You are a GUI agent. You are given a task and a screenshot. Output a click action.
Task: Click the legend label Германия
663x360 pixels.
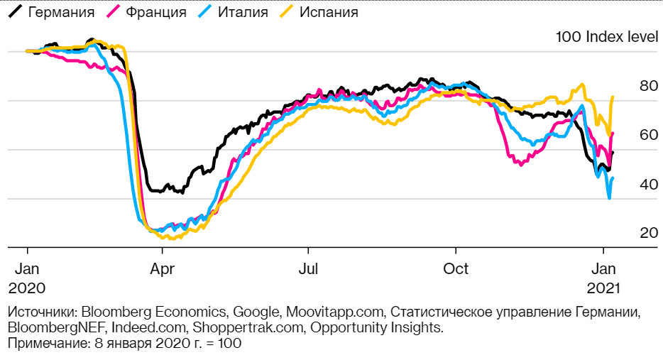(x=60, y=12)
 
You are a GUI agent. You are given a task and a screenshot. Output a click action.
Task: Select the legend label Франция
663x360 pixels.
(x=155, y=12)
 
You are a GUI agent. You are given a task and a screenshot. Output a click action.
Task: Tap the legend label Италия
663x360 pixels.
(x=243, y=12)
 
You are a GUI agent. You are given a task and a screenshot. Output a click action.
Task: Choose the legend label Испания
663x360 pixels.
(x=329, y=12)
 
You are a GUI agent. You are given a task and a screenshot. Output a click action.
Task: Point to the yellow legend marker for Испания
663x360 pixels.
(x=287, y=12)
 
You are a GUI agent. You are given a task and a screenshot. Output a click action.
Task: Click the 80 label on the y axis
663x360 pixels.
(x=648, y=86)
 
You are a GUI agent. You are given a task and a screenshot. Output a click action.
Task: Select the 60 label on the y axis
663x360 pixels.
(x=648, y=135)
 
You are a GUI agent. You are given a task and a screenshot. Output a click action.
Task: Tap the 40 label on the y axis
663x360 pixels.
(x=648, y=184)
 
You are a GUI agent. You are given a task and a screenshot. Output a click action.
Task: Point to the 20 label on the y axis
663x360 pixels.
(x=648, y=233)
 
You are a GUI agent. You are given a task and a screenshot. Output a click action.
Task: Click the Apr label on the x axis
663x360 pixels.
(x=163, y=269)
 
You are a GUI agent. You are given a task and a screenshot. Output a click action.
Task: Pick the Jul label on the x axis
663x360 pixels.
(x=308, y=269)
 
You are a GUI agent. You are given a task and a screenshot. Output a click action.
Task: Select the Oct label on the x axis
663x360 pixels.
(x=455, y=269)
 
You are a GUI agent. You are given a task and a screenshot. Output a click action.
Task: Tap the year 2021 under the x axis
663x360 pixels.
(x=603, y=289)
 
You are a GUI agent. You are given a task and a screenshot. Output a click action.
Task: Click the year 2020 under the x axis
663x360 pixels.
(x=27, y=289)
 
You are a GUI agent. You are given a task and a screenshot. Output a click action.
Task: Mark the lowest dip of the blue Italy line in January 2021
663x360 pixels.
(x=609, y=198)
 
